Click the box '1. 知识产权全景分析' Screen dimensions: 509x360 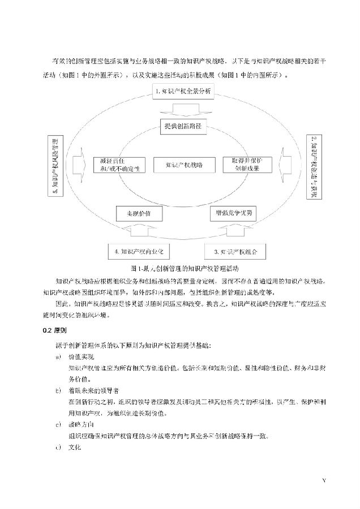182,91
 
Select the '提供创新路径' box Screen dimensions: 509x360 182,126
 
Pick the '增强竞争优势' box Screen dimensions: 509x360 233,213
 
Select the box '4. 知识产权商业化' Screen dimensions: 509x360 137,251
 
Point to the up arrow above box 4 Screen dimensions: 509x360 138,231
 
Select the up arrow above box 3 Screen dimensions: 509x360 232,231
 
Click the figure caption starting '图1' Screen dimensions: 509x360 182,268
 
